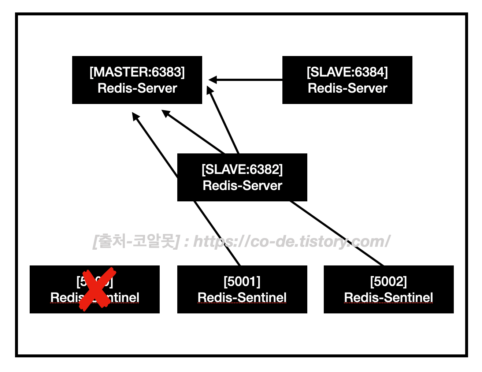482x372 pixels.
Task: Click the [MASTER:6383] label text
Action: pyautogui.click(x=137, y=72)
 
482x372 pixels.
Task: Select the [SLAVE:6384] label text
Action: pyautogui.click(x=347, y=72)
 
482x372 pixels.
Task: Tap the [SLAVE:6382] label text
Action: pyautogui.click(x=242, y=170)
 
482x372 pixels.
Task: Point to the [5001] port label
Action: pyautogui.click(x=242, y=282)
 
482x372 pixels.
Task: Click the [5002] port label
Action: pyautogui.click(x=389, y=282)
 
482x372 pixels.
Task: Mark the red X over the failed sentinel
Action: pyautogui.click(x=97, y=289)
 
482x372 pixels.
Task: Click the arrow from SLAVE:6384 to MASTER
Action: pyautogui.click(x=249, y=79)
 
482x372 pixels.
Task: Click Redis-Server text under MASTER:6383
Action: pyautogui.click(x=137, y=88)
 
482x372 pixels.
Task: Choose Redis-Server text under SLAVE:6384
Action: pyautogui.click(x=347, y=88)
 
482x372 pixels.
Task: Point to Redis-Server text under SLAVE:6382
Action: pyautogui.click(x=242, y=186)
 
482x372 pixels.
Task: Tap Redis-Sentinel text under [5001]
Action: pyautogui.click(x=242, y=298)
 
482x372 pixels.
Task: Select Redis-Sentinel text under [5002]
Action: pyautogui.click(x=389, y=298)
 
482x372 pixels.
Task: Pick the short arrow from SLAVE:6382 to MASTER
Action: pyautogui.click(x=223, y=121)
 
